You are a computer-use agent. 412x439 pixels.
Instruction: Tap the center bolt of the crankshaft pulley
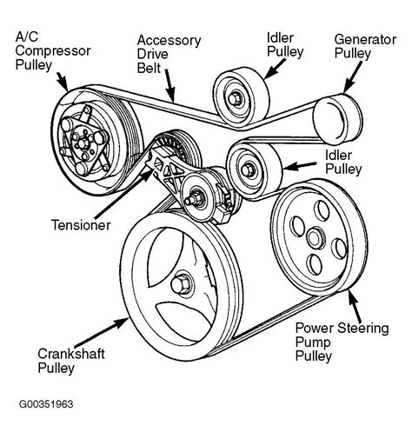pos(183,283)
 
